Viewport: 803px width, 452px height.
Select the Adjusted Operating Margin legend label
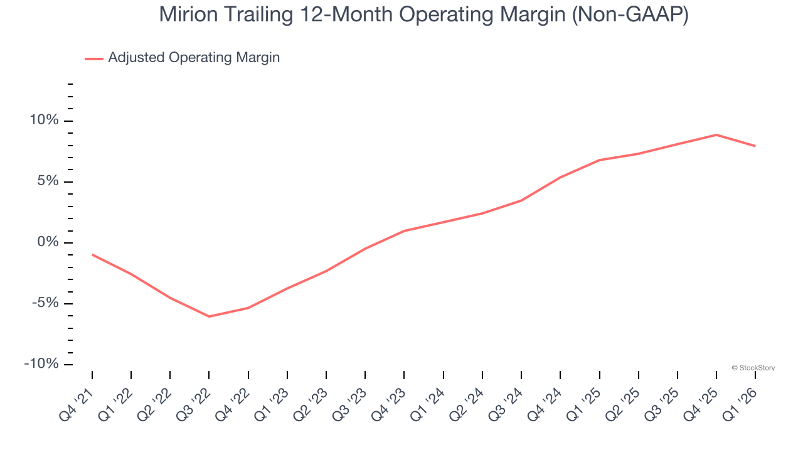click(194, 58)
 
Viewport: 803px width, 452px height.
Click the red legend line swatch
click(93, 58)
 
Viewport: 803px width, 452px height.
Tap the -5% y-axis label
click(43, 303)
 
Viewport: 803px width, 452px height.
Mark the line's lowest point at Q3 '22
click(209, 316)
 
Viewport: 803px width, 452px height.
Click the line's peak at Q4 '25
click(716, 134)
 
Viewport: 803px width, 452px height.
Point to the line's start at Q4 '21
click(92, 254)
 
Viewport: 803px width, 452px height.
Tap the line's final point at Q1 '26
click(755, 146)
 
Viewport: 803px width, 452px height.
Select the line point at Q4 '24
click(560, 177)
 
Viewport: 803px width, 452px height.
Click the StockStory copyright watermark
click(753, 368)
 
